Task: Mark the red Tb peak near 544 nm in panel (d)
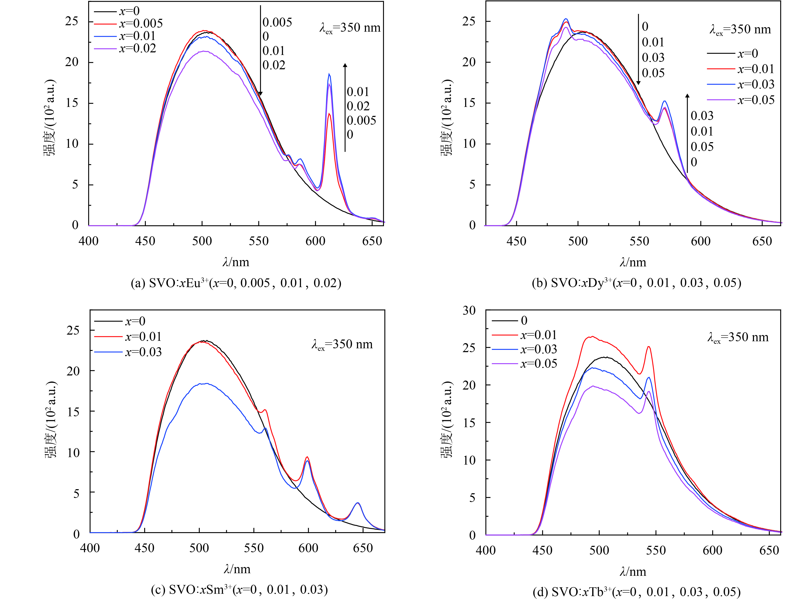point(648,347)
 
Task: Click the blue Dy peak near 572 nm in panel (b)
point(665,101)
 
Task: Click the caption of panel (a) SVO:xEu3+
point(236,283)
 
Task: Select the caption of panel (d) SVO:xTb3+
point(636,592)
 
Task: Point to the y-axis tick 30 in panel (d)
point(469,310)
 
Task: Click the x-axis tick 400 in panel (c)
point(90,548)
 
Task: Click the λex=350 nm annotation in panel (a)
point(350,28)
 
